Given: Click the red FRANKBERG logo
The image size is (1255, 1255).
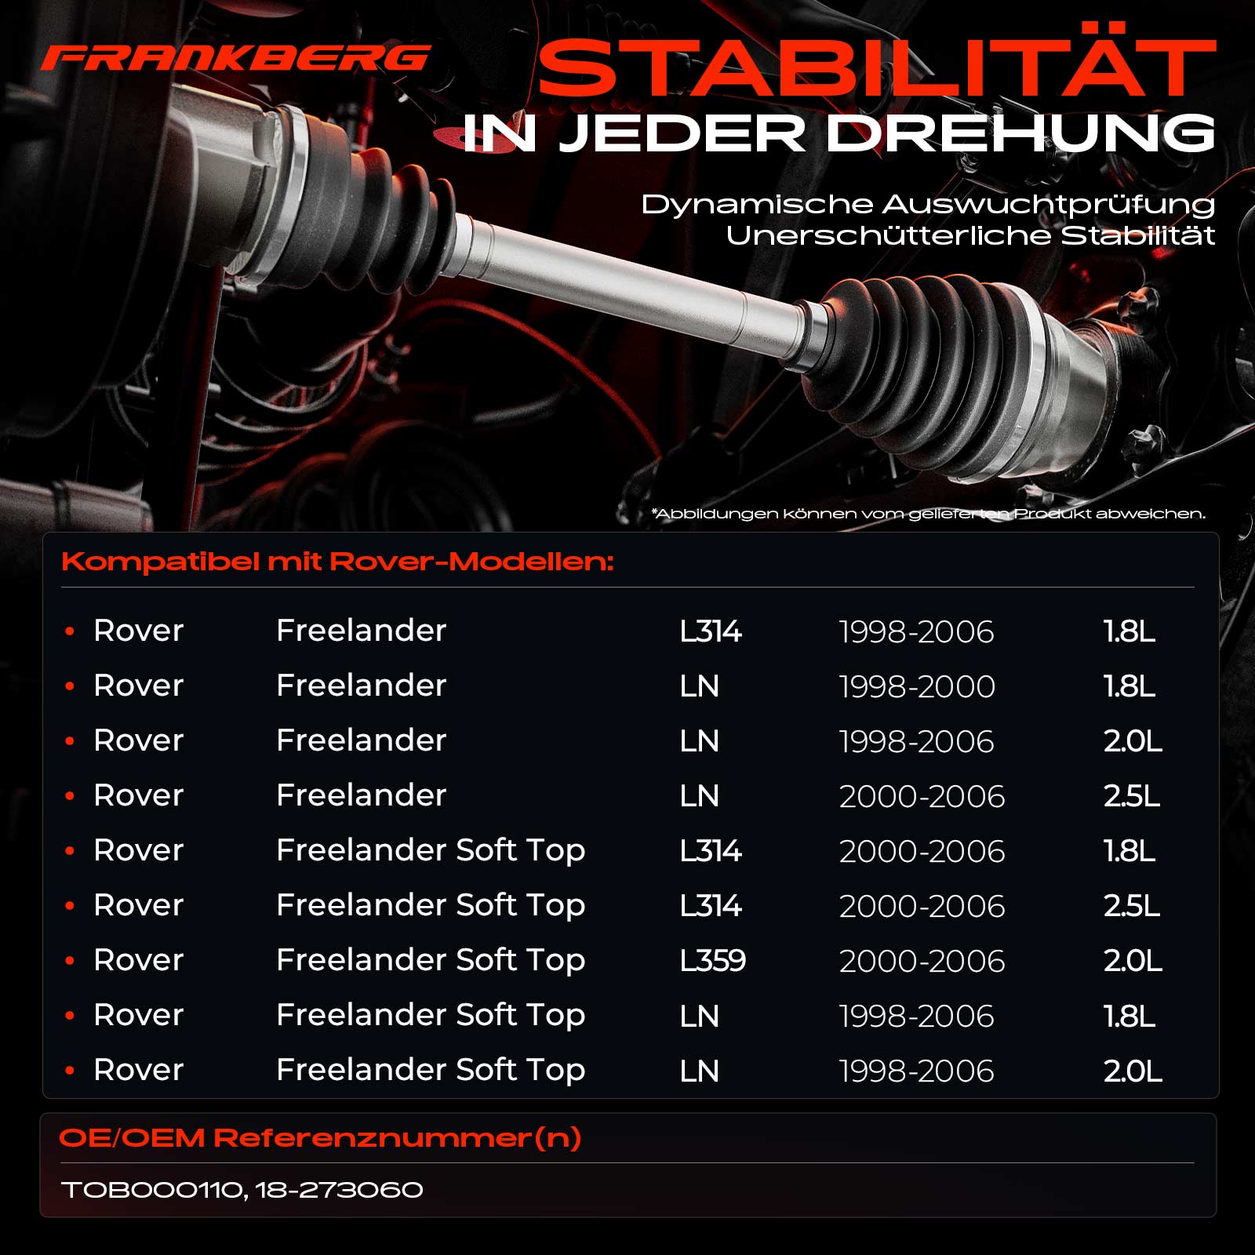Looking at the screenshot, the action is pyautogui.click(x=235, y=57).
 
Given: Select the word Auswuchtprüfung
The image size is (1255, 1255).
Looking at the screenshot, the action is pyautogui.click(x=1049, y=205).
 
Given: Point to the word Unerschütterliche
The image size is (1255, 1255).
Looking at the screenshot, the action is pyautogui.click(x=888, y=235).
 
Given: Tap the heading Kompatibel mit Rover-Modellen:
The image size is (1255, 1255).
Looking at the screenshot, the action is pyautogui.click(x=337, y=562).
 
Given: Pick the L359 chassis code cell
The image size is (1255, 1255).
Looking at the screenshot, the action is pyautogui.click(x=712, y=961).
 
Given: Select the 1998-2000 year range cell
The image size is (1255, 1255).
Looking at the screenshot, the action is pyautogui.click(x=917, y=686).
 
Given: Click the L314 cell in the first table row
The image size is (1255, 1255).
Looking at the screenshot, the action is pyautogui.click(x=711, y=631).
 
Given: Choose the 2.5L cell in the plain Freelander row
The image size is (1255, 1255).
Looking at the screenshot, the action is pyautogui.click(x=1132, y=796).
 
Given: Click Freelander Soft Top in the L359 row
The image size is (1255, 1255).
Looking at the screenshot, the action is pyautogui.click(x=431, y=961).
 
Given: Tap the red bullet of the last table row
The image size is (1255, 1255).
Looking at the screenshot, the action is pyautogui.click(x=70, y=1070).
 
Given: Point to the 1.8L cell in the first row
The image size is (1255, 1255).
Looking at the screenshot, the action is pyautogui.click(x=1129, y=631).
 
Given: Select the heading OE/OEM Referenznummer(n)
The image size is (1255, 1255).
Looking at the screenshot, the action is pyautogui.click(x=320, y=1138).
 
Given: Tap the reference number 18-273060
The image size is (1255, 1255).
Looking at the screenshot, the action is pyautogui.click(x=339, y=1190).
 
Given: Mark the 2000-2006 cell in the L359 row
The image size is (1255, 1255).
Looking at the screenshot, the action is pyautogui.click(x=922, y=961).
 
